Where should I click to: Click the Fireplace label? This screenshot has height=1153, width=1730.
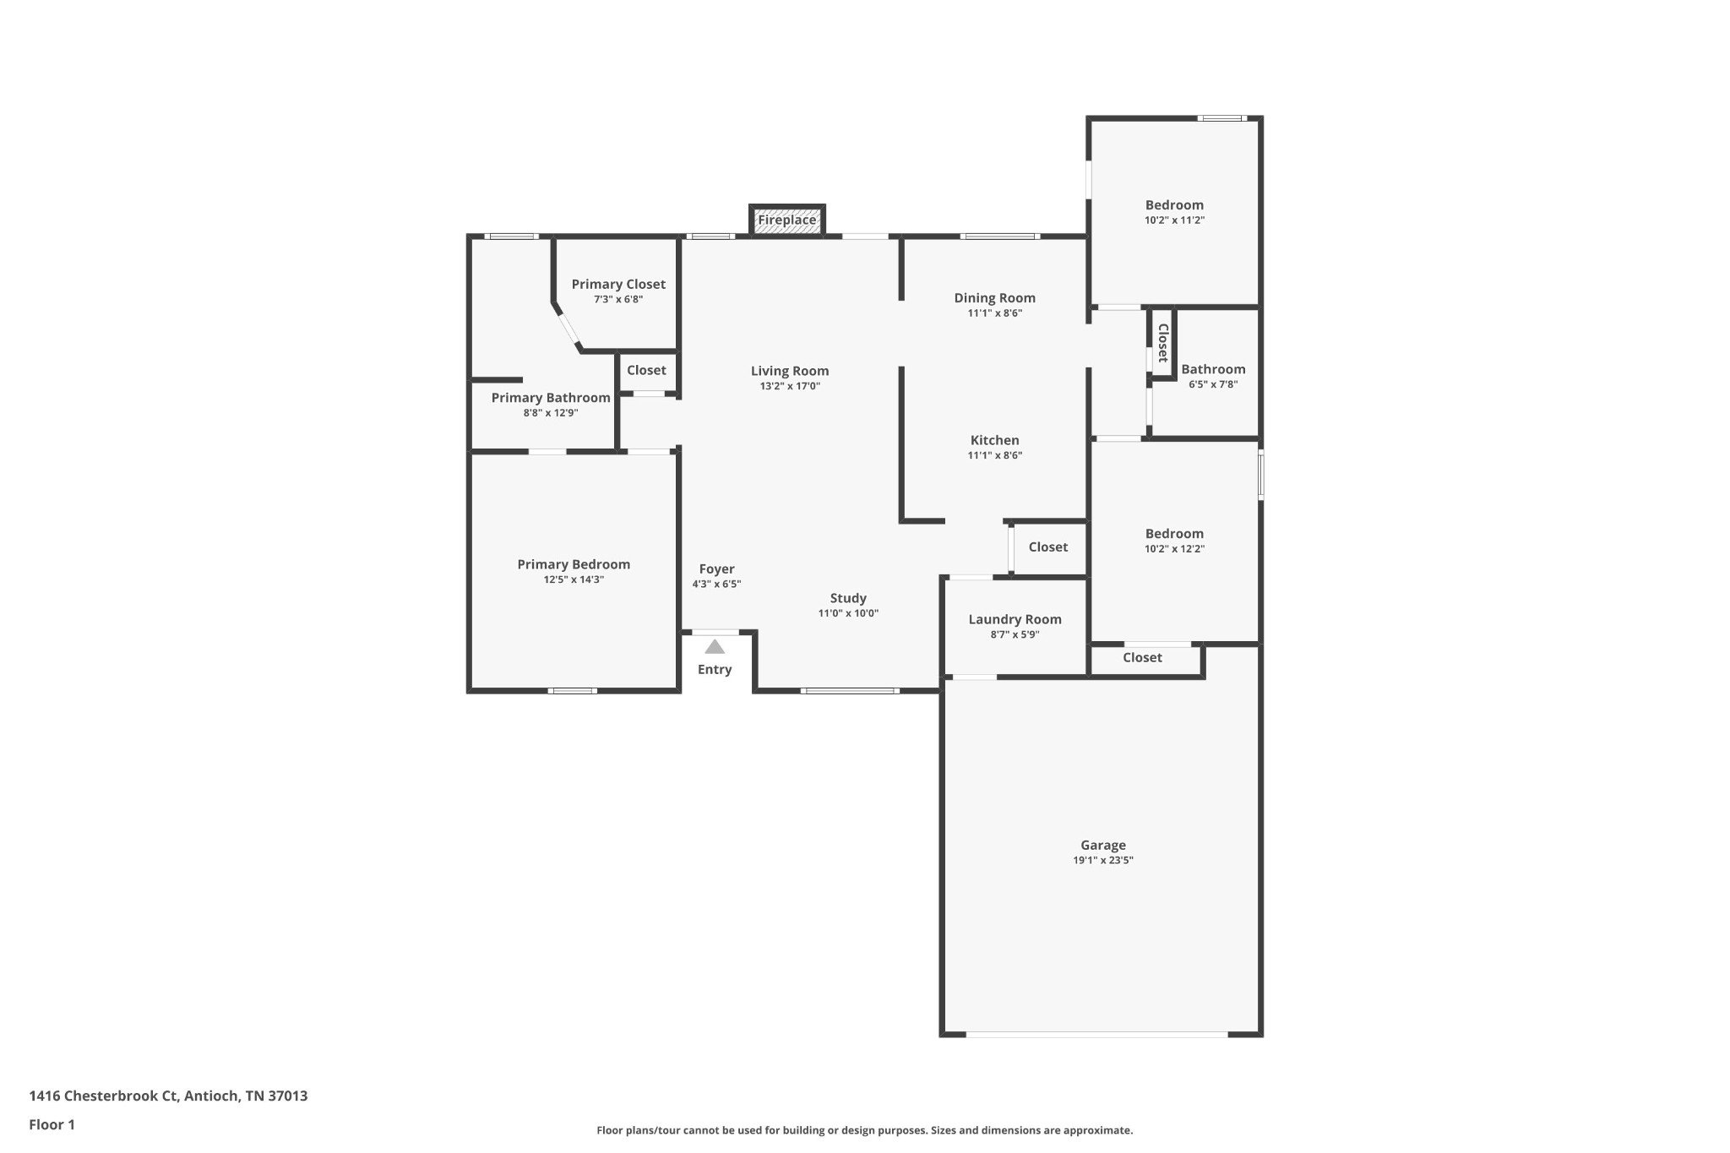786,220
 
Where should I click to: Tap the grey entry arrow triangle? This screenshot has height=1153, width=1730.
715,647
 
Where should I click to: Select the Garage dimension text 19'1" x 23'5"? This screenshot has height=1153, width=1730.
1103,861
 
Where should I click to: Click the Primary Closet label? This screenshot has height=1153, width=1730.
618,285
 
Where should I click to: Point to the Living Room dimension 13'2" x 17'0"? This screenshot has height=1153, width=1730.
790,386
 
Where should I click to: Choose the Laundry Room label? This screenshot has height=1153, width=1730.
1015,620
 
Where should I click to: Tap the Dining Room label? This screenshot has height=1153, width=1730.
994,298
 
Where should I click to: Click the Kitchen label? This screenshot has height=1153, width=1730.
994,440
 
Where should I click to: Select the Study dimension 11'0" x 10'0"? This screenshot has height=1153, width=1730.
848,613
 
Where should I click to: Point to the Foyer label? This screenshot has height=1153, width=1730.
716,569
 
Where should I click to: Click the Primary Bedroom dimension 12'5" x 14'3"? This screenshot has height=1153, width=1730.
574,579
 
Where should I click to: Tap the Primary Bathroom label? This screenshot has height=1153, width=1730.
551,398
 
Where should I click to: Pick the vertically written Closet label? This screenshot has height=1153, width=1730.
1162,343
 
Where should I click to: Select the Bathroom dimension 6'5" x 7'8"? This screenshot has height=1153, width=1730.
1213,384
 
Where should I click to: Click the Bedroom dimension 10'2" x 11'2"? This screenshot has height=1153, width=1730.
1174,220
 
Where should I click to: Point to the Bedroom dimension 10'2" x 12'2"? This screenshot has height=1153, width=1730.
1174,549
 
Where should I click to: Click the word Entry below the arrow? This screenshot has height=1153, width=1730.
715,670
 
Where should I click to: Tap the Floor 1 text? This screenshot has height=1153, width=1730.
52,1124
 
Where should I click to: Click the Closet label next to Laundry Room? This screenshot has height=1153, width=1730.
1048,547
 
